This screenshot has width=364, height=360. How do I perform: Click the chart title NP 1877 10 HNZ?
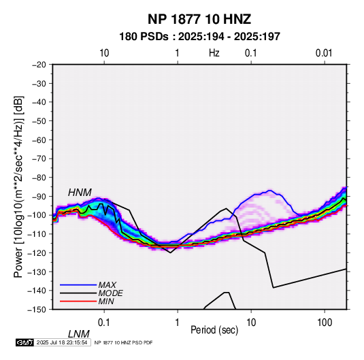pyautogui.click(x=199, y=19)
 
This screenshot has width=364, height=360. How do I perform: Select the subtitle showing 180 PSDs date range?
pyautogui.click(x=199, y=37)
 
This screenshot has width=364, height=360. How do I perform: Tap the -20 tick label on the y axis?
pyautogui.click(x=39, y=65)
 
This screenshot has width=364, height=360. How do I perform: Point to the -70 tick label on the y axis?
pyautogui.click(x=39, y=159)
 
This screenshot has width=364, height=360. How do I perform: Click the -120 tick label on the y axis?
pyautogui.click(x=37, y=253)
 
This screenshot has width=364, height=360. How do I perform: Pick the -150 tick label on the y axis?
pyautogui.click(x=37, y=310)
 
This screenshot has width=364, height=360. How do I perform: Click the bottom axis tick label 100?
pyautogui.click(x=325, y=323)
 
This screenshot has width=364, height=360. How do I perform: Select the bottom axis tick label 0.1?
pyautogui.click(x=104, y=323)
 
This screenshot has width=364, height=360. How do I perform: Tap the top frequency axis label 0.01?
pyautogui.click(x=324, y=53)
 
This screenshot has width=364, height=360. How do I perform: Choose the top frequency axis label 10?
pyautogui.click(x=104, y=53)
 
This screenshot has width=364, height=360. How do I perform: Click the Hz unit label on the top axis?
pyautogui.click(x=214, y=53)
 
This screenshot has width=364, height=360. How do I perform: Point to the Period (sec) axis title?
pyautogui.click(x=214, y=330)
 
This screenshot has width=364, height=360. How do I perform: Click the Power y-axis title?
pyautogui.click(x=18, y=187)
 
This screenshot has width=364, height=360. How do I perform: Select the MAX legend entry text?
pyautogui.click(x=107, y=285)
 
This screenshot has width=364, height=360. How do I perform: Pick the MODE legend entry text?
pyautogui.click(x=110, y=293)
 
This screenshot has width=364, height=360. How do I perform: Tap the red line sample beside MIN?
pyautogui.click(x=78, y=301)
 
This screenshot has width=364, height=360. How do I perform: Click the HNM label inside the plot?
pyautogui.click(x=80, y=193)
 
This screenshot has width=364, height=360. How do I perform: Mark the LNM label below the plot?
pyautogui.click(x=79, y=334)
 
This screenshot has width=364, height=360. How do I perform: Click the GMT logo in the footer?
pyautogui.click(x=24, y=342)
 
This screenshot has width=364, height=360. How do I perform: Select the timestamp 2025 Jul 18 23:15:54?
pyautogui.click(x=62, y=342)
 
